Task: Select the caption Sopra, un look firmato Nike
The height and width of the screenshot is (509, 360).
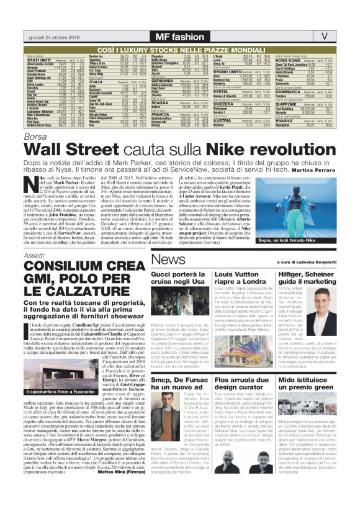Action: tap(300, 240)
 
